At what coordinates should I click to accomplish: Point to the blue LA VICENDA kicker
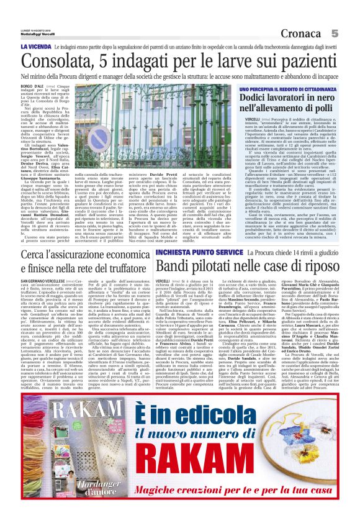tap(36, 46)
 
